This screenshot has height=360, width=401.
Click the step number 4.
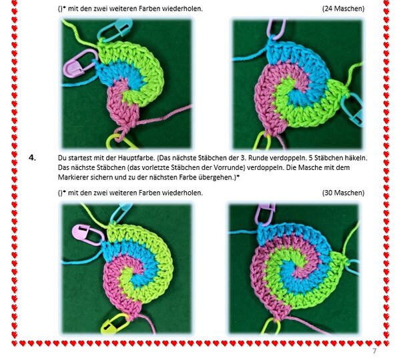32,158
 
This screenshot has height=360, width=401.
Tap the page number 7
374,351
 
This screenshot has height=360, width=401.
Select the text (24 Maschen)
343,9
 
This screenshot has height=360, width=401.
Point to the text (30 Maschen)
343,193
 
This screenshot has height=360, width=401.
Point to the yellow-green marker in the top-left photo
120,142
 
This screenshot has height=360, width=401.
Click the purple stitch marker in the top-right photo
276,29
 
